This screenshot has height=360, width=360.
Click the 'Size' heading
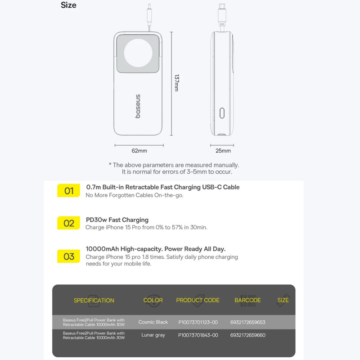(x=68, y=5)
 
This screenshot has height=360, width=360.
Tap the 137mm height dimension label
(x=176, y=83)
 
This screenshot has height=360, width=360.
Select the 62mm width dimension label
(x=139, y=151)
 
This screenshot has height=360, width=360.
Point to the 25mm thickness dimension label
(x=223, y=151)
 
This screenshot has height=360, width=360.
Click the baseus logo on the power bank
(x=138, y=106)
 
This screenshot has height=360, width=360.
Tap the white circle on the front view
(x=138, y=53)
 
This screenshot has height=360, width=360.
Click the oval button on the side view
(x=222, y=113)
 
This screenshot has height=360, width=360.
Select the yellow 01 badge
(x=68, y=190)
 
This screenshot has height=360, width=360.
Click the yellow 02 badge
(x=68, y=223)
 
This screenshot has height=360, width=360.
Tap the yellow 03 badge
(x=68, y=256)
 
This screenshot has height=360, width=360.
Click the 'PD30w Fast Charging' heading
(x=117, y=220)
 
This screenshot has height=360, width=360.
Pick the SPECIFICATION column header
(x=94, y=300)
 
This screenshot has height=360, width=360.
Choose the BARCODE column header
(x=247, y=300)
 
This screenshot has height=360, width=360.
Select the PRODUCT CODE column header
(x=198, y=300)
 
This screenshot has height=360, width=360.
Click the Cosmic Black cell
(x=153, y=322)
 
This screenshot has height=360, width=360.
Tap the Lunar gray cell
(x=153, y=335)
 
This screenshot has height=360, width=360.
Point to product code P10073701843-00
(x=198, y=335)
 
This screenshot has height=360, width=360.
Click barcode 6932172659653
(x=248, y=322)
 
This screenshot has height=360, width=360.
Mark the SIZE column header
(x=283, y=300)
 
